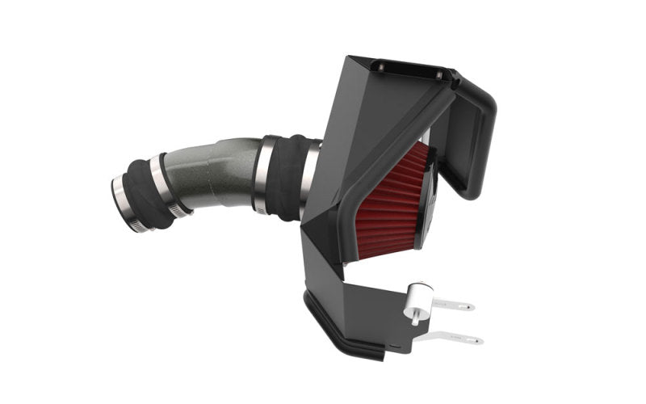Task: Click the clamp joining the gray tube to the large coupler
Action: pyautogui.click(x=262, y=175)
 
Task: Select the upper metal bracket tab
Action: pyautogui.click(x=452, y=305)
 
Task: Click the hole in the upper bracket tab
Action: pyautogui.click(x=468, y=306)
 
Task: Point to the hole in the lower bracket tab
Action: pyautogui.click(x=477, y=340)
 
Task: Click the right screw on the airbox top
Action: pyautogui.click(x=439, y=74)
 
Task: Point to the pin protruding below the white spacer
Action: pyautogui.click(x=414, y=317)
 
